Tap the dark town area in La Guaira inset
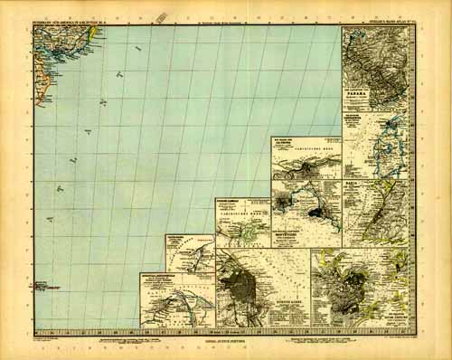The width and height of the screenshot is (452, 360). [304, 166]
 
